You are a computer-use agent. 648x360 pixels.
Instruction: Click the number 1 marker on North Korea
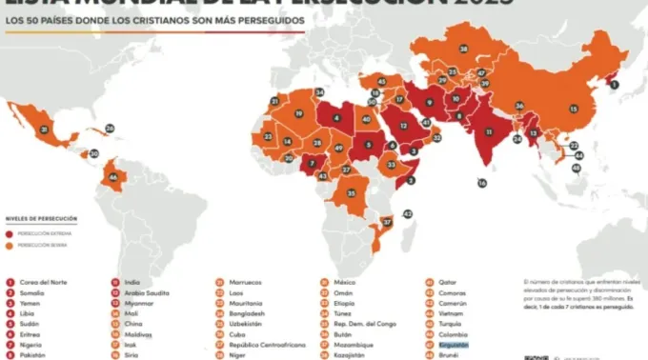point(615,85)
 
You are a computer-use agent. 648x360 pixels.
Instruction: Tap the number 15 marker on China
point(574,109)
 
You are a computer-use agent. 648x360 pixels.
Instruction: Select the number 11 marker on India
point(489,131)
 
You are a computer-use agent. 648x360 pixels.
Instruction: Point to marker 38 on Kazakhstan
point(464,49)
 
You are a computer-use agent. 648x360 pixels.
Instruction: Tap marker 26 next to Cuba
point(110,128)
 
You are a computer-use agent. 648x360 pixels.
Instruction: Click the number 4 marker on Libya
point(336,119)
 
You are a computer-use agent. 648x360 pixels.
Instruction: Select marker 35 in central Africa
point(351,193)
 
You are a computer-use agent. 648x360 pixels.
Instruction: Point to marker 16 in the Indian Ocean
point(481,183)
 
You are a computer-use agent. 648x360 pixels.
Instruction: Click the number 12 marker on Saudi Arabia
point(404,127)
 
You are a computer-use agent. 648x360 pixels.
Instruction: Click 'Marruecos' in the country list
point(245,283)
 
